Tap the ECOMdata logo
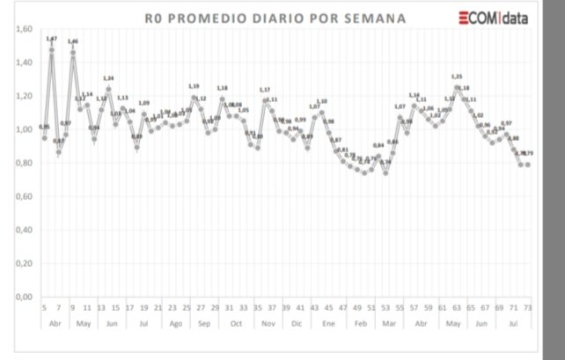(493, 17)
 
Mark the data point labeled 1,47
(52, 49)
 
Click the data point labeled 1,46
(73, 52)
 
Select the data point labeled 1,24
(109, 88)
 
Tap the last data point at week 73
(528, 165)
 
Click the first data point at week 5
(45, 138)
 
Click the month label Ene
(328, 323)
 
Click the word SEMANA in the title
(370, 18)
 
